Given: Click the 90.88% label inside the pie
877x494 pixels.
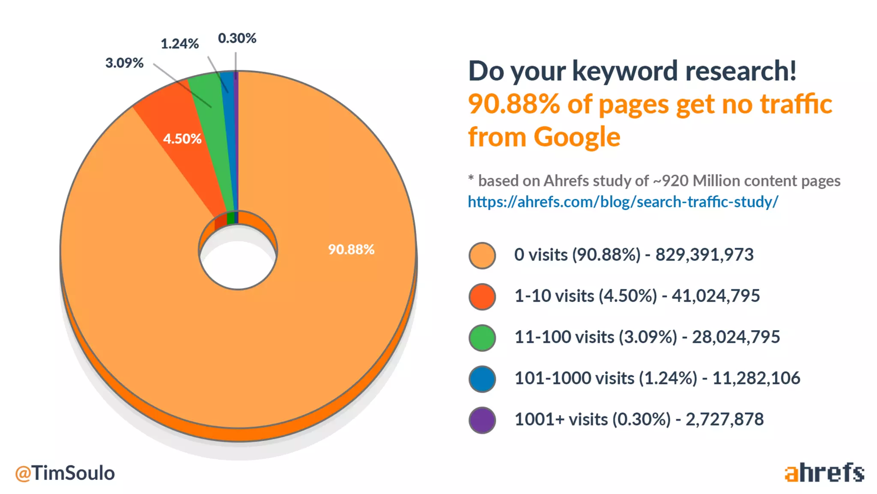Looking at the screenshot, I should coord(351,249).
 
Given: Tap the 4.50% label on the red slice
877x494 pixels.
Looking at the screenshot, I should coord(182,139).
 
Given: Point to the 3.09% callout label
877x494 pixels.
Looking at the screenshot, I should coord(124,63).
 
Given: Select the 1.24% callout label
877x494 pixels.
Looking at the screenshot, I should coord(179,44).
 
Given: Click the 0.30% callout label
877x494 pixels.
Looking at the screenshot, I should coord(237,38).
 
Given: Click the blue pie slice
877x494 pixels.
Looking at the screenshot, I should coord(229,129).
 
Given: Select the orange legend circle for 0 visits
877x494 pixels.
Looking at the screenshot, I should coord(482,256).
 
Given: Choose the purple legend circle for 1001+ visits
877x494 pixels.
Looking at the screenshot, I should coord(482,420).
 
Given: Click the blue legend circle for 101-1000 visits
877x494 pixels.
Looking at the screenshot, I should coord(482,379).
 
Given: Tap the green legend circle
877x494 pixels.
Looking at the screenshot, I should coord(482,338).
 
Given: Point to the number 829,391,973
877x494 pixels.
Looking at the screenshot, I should coord(704,255).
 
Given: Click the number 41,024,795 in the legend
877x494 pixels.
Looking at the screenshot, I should coord(716,296).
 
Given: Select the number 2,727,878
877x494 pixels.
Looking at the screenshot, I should coord(725,419).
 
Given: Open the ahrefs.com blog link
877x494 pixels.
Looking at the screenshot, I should coord(623,202).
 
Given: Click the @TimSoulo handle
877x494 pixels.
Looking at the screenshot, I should coord(65,473).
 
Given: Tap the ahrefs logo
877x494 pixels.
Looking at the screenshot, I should coord(824,473).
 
